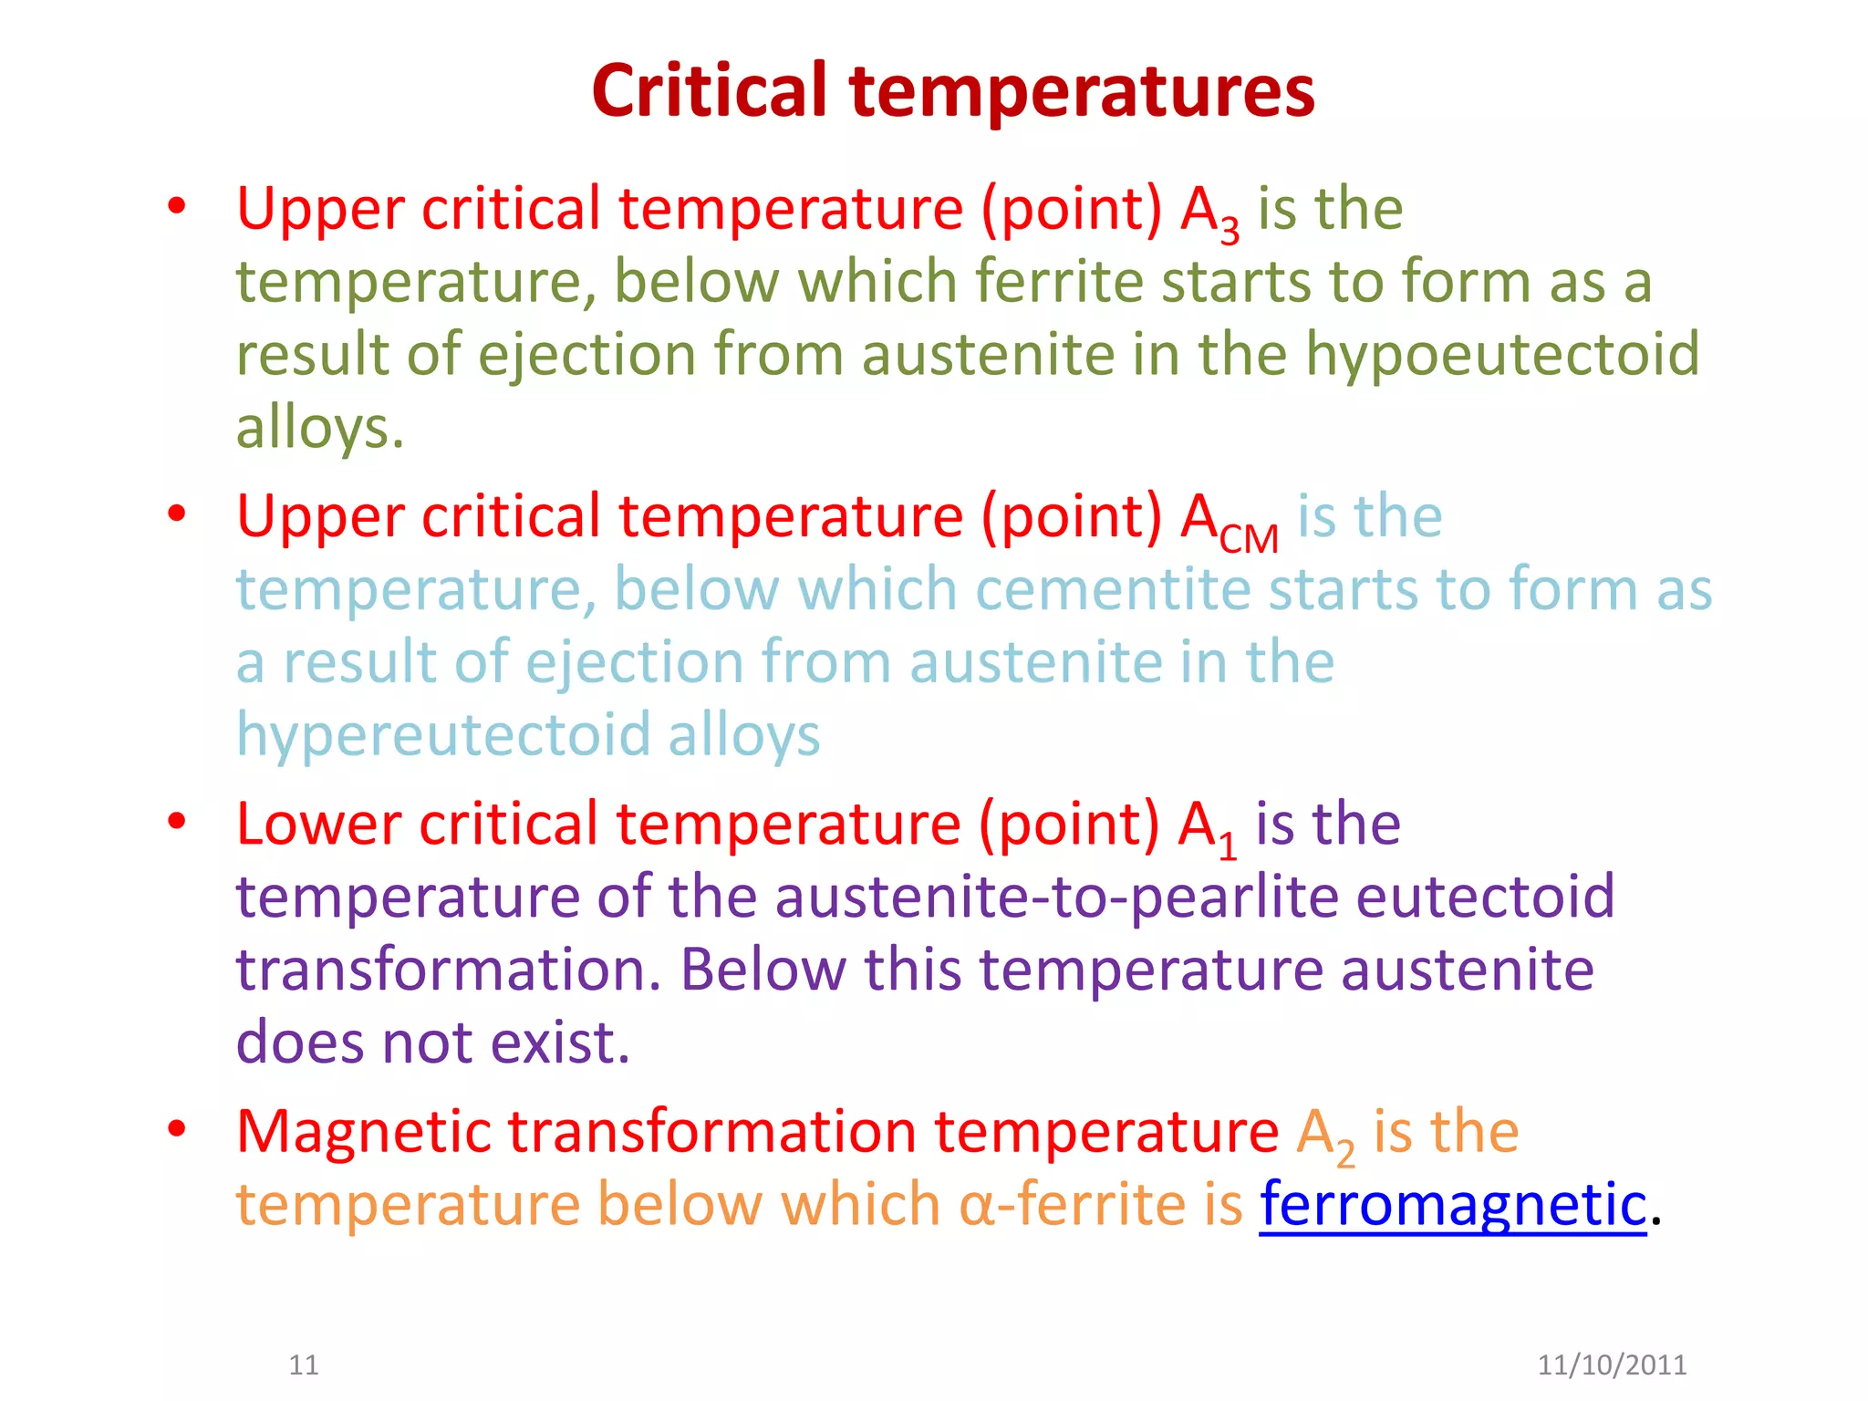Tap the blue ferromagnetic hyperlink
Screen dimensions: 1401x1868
click(x=1453, y=1204)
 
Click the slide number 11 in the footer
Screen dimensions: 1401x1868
click(x=303, y=1365)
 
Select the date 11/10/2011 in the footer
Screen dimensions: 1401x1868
click(x=1612, y=1365)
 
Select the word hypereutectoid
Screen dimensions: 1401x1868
click(x=442, y=735)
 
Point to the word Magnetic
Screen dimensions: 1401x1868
click(x=364, y=1133)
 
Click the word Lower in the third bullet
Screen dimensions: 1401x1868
click(x=318, y=824)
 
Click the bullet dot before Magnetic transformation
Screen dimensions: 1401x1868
click(x=177, y=1129)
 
